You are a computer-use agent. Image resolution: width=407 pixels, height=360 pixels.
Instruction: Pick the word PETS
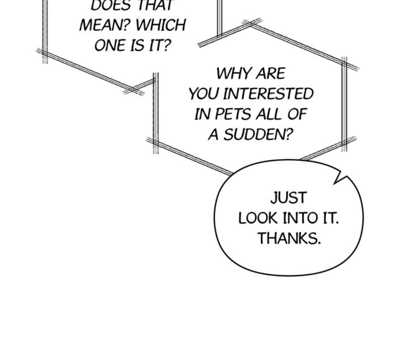233,114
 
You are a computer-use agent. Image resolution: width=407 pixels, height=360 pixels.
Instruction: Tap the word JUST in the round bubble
288,198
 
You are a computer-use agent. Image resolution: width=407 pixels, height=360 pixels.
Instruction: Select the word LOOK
258,219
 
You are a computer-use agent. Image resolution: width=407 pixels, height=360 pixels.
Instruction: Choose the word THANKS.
289,239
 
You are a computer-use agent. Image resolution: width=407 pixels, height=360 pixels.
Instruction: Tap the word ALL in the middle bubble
269,114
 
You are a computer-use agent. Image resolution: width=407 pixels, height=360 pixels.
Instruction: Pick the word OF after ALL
297,114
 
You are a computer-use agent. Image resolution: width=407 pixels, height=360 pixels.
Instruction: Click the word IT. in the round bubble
330,219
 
